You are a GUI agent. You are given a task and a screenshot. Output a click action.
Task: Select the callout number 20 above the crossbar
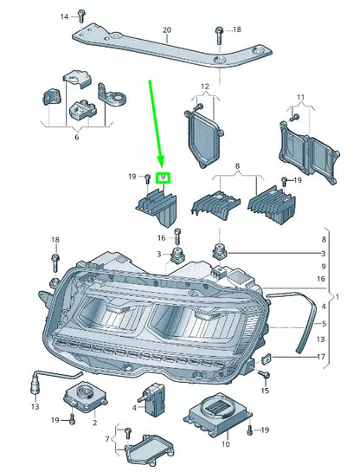[x=166, y=30]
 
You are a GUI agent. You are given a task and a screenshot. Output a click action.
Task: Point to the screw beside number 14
[x=80, y=15]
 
